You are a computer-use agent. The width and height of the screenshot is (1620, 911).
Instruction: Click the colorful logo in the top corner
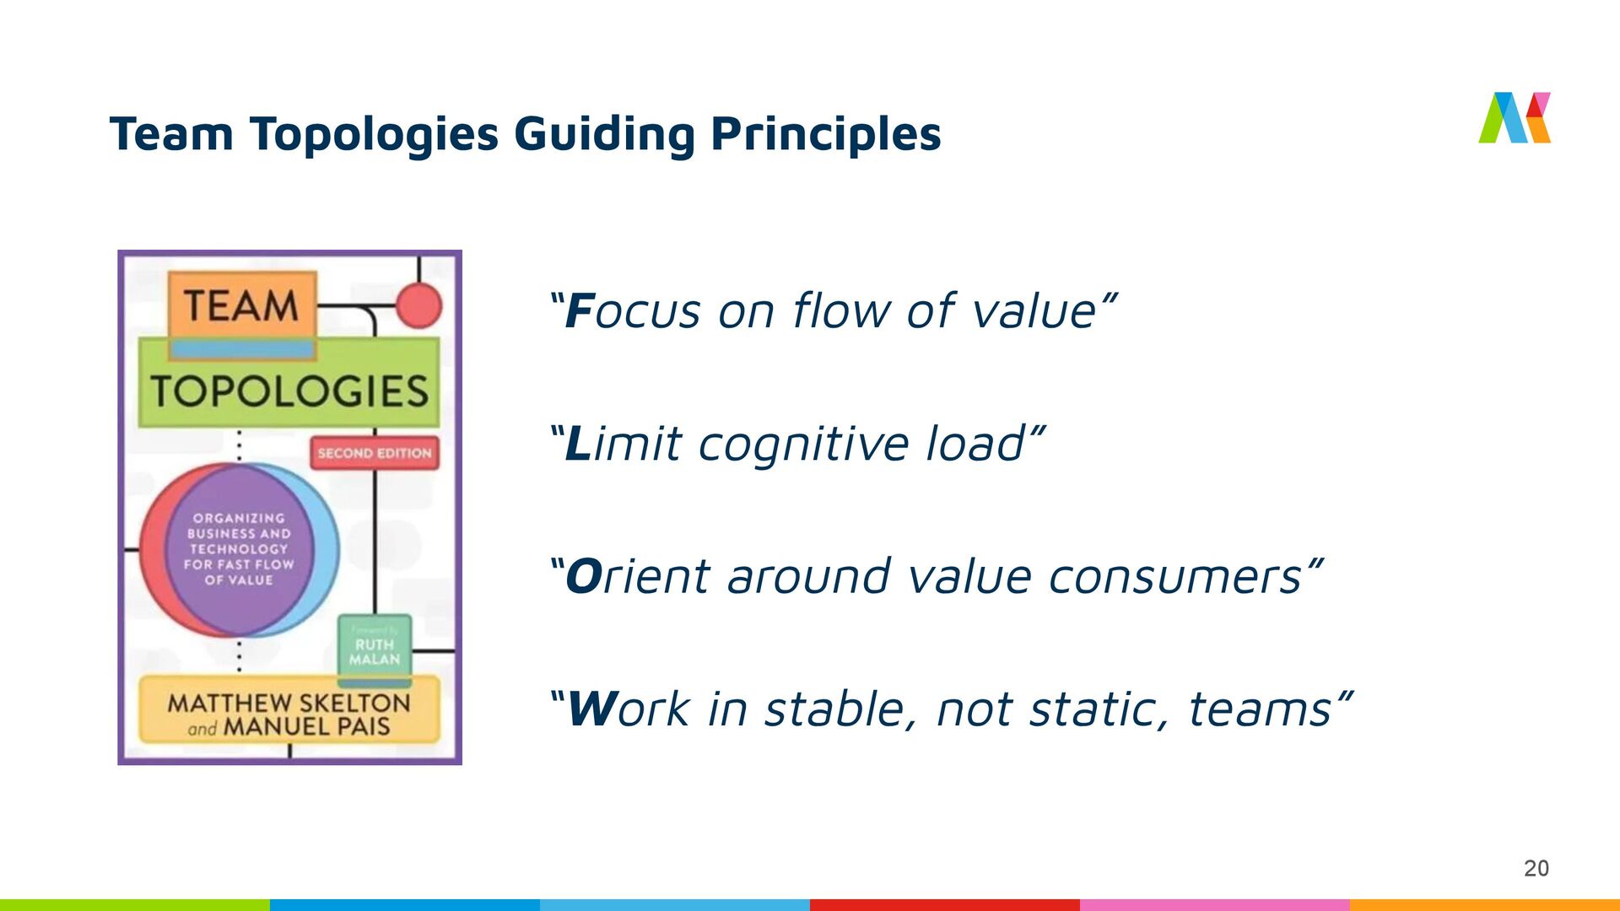click(1515, 118)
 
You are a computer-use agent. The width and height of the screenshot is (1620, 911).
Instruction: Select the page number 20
click(1536, 868)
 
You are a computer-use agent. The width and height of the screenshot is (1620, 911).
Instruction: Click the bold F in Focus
click(580, 311)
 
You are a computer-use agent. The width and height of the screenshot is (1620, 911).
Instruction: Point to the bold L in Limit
click(578, 445)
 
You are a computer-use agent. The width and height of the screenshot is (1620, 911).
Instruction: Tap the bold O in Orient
click(583, 577)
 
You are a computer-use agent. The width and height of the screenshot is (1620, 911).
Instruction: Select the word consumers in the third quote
click(1175, 577)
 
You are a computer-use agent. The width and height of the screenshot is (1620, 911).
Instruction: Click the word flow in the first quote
click(840, 311)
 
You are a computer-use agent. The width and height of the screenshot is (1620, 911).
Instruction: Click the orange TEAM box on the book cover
click(242, 305)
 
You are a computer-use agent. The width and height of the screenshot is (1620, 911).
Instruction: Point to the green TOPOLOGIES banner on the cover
click(289, 391)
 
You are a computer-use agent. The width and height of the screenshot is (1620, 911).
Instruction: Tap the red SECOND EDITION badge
click(375, 453)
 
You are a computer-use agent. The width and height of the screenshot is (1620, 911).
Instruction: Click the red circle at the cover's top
click(418, 305)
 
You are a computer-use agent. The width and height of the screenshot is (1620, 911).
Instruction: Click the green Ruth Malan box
click(375, 650)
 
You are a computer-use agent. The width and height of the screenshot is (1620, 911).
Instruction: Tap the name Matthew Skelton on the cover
click(289, 703)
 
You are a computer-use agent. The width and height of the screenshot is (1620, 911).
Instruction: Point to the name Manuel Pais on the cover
click(306, 727)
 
